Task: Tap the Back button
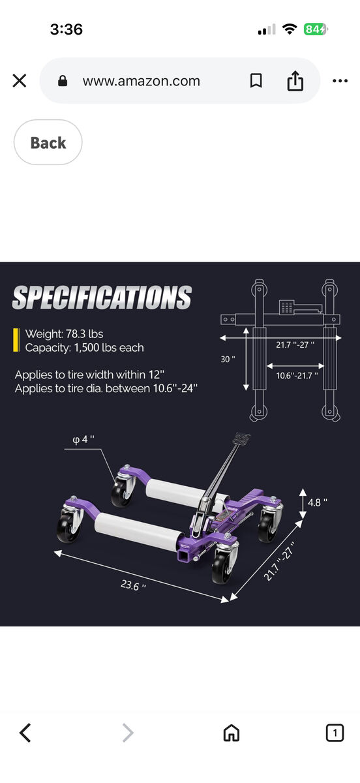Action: pyautogui.click(x=48, y=142)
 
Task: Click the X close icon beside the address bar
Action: pyautogui.click(x=20, y=81)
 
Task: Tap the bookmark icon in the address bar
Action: pyautogui.click(x=256, y=81)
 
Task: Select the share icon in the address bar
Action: pyautogui.click(x=295, y=81)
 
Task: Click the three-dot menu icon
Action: pyautogui.click(x=340, y=81)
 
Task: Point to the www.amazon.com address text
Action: pyautogui.click(x=141, y=81)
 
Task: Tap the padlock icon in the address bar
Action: pyautogui.click(x=63, y=81)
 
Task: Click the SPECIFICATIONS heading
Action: pyautogui.click(x=102, y=298)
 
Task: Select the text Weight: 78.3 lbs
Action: pyautogui.click(x=64, y=334)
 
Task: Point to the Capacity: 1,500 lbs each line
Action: pyautogui.click(x=84, y=348)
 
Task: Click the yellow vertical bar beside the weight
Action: pyautogui.click(x=16, y=340)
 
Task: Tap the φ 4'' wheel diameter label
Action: pyautogui.click(x=83, y=440)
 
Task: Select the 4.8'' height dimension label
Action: pyautogui.click(x=317, y=502)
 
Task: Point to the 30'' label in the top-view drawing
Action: pyautogui.click(x=228, y=359)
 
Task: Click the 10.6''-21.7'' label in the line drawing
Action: pyautogui.click(x=297, y=375)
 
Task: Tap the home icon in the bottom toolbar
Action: pyautogui.click(x=231, y=733)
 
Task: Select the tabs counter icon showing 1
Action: pyautogui.click(x=334, y=733)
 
